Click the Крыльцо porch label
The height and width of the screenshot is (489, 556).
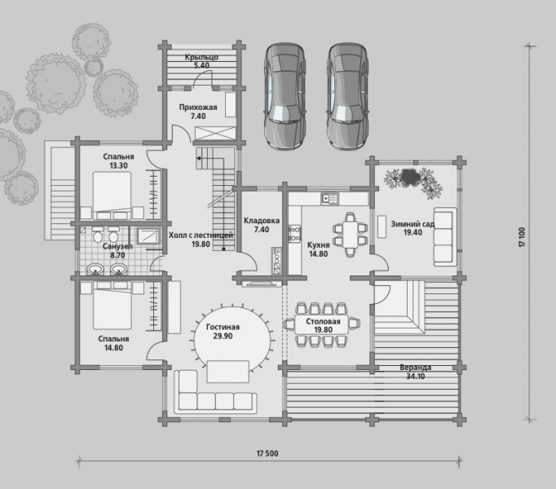[x=201, y=57]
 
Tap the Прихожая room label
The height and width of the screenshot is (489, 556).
[x=198, y=107]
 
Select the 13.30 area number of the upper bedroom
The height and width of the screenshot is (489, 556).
[x=118, y=165]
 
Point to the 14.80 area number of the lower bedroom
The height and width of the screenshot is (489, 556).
[x=113, y=348]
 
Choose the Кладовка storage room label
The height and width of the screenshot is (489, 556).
[x=262, y=221]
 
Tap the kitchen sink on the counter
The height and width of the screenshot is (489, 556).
[x=330, y=199]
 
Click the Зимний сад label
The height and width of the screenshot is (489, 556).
[x=413, y=224]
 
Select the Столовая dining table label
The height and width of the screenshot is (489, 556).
[x=323, y=321]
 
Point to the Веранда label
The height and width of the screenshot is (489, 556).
[x=415, y=368]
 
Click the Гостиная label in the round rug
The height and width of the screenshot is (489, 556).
[x=223, y=327]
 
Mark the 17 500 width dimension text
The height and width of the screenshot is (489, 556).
[x=267, y=453]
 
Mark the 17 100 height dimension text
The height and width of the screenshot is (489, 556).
[x=522, y=237]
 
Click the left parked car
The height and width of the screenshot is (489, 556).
[x=285, y=96]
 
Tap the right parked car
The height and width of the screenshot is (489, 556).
[x=347, y=96]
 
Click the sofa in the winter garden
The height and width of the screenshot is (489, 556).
[x=444, y=237]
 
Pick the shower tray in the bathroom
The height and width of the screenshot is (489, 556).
[x=148, y=236]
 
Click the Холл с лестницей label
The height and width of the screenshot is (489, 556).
[x=201, y=235]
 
